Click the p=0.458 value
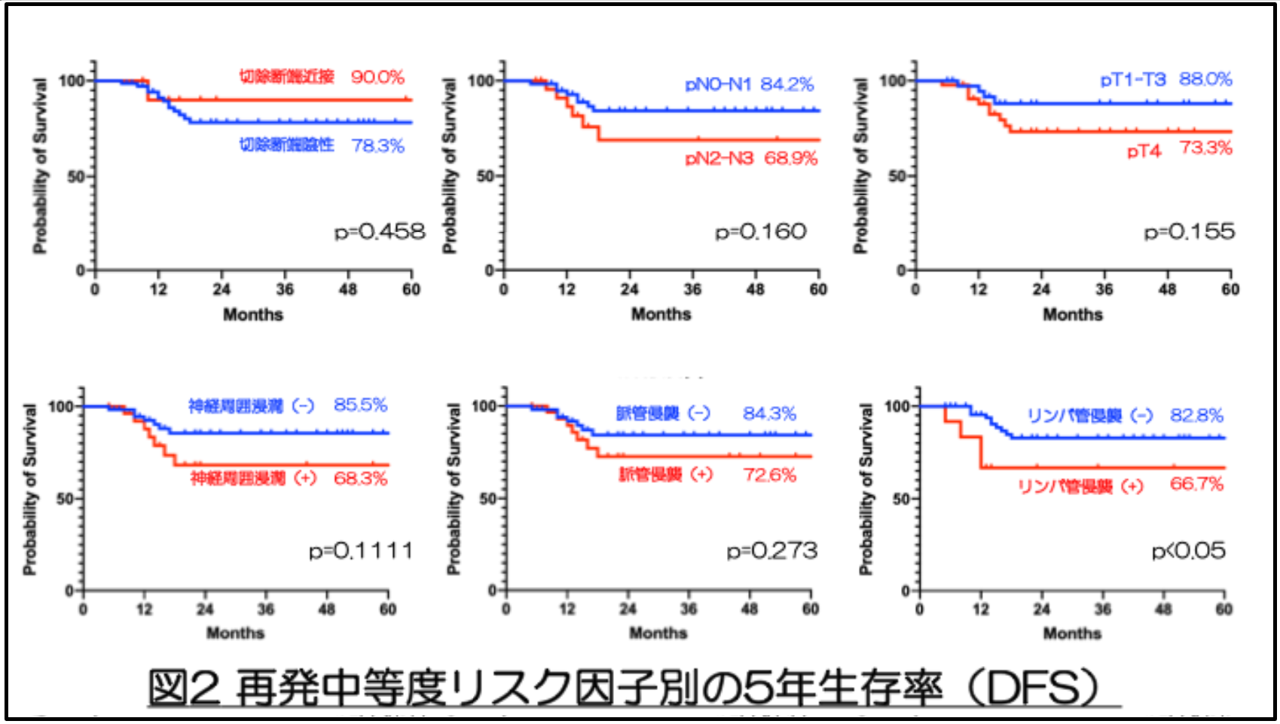[380, 231]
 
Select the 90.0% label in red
[377, 77]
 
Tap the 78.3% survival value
[377, 145]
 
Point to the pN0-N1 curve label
[718, 84]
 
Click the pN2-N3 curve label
[719, 158]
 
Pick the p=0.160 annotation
[761, 231]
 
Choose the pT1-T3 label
[1132, 79]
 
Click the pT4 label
[1144, 151]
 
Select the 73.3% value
[1205, 148]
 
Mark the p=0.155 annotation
[1190, 231]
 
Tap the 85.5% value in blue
[360, 405]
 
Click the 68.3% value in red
[360, 478]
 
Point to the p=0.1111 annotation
[361, 551]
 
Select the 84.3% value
[769, 414]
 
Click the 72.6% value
[769, 475]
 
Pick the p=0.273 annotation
[772, 551]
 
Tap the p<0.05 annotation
[1188, 551]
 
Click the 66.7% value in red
[1196, 484]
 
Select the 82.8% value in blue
[1196, 415]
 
